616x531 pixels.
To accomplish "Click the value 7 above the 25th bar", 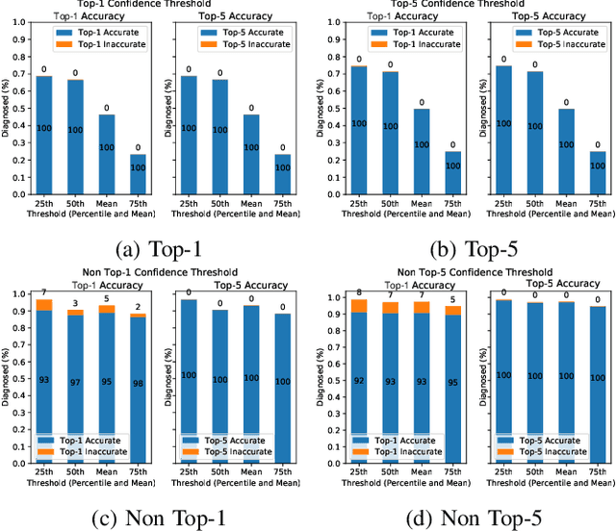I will coord(44,292).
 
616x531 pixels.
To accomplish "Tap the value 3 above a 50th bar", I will coord(74,304).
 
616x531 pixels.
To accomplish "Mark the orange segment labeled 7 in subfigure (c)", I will coord(44,305).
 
